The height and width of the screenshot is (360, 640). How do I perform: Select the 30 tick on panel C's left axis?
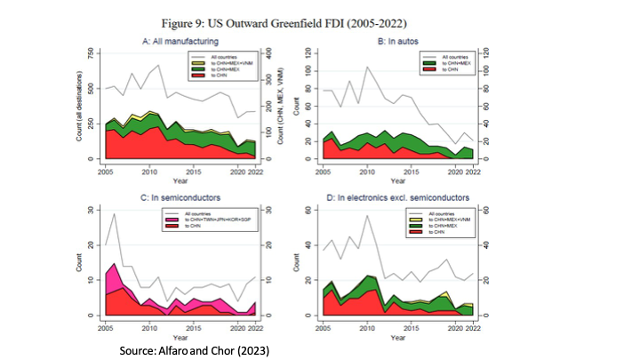[x=97, y=210]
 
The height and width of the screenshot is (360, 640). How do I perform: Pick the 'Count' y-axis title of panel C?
[x=84, y=263]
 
